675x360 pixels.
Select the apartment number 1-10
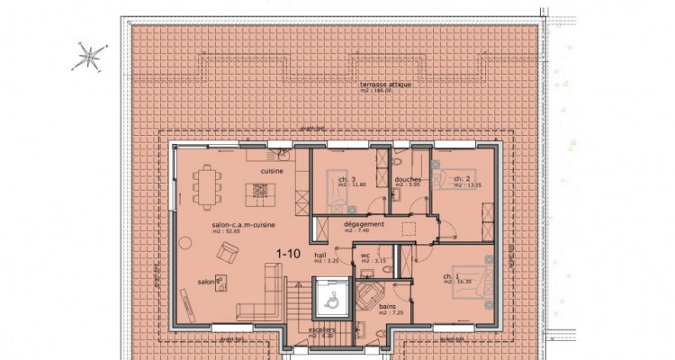[x=288, y=254]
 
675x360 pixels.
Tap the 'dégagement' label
[x=364, y=224]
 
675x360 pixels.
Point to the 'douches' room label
[x=408, y=179]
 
